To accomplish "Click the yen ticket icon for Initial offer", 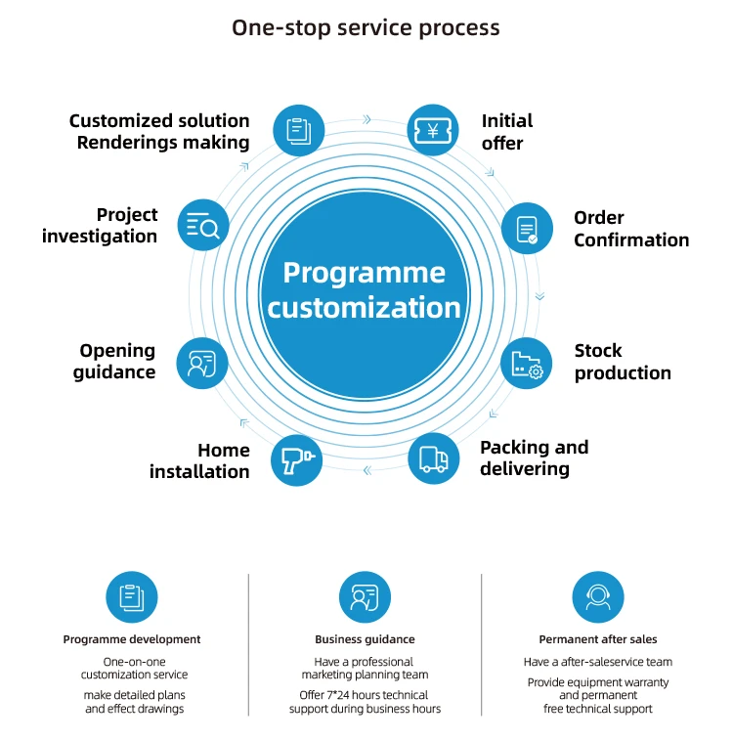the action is point(432,130).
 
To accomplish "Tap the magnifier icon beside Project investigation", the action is point(203,225).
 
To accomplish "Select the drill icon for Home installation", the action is point(297,460).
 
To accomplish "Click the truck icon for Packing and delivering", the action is point(433,458).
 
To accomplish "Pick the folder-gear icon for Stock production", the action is point(526,363).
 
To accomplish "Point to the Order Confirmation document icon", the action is point(527,228).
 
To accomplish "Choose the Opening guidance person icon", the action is point(202,364).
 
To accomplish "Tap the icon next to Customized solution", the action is point(299,130).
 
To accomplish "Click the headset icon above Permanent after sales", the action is point(598,597).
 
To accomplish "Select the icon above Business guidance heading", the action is point(365,597).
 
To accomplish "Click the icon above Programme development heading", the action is point(132,597).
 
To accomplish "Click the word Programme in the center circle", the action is point(364,273).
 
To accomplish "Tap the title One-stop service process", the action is point(366,27).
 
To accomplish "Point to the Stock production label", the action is point(623,362).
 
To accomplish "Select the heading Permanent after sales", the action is point(598,639).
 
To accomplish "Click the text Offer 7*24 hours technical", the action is point(364,695).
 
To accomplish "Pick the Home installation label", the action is point(199,460).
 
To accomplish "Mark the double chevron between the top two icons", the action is point(366,119).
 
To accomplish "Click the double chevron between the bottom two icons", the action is point(367,470).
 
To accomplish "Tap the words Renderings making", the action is point(163,143).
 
